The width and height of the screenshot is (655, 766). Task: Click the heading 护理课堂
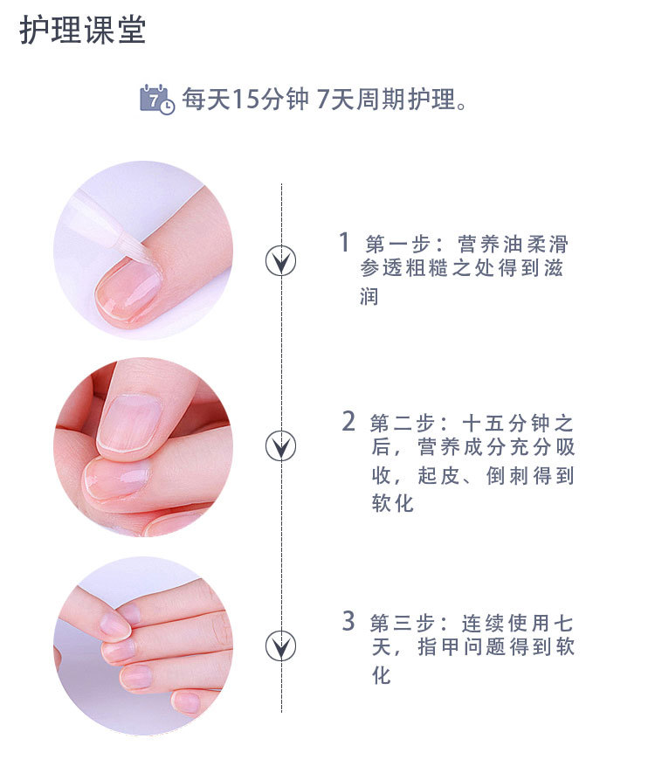[83, 30]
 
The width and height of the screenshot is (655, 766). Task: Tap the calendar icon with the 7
[157, 100]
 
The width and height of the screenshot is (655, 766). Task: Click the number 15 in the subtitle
[245, 100]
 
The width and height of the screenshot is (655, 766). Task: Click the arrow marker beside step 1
[281, 260]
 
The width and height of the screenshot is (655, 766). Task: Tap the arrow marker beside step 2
[281, 445]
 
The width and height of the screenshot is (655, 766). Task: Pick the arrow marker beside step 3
[281, 645]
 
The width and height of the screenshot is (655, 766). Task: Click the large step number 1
[344, 242]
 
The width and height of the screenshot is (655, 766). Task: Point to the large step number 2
[348, 421]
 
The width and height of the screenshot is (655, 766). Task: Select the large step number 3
[348, 621]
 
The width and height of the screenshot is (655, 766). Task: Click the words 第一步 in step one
[397, 244]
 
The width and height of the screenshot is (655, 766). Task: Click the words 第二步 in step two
[402, 423]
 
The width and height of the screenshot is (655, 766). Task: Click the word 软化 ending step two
[393, 503]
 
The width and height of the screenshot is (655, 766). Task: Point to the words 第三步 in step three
[402, 624]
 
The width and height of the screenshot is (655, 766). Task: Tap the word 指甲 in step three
[438, 647]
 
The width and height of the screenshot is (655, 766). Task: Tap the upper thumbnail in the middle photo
[128, 423]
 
